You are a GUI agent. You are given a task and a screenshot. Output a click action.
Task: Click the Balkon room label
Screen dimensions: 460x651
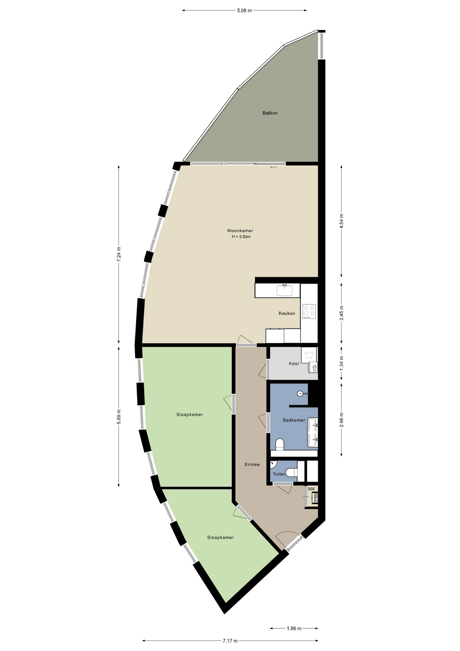point(270,113)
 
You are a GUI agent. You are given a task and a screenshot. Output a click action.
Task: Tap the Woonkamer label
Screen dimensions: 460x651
point(240,231)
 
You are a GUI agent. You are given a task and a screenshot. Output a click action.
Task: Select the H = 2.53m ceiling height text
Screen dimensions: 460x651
point(241,237)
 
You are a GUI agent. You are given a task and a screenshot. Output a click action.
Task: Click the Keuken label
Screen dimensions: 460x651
point(287,313)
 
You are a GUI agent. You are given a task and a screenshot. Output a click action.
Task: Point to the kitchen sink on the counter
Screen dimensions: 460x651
point(285,291)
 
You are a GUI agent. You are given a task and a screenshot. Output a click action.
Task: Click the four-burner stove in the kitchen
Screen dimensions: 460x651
point(309,311)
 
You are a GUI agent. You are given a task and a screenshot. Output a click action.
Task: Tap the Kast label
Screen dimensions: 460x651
point(294,363)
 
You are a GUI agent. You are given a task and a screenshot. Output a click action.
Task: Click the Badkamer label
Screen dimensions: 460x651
point(294,420)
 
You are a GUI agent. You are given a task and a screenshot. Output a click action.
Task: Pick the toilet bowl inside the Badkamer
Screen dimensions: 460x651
point(279,445)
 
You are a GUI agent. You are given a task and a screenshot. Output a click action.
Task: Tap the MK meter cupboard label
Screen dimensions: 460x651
point(312,489)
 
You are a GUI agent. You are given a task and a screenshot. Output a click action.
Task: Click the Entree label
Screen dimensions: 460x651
point(252,465)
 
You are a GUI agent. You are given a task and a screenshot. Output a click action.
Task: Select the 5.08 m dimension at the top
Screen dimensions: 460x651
point(244,11)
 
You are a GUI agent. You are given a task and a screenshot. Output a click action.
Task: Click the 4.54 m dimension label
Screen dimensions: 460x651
point(341,221)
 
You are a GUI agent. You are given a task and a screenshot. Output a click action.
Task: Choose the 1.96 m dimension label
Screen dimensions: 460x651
point(294,628)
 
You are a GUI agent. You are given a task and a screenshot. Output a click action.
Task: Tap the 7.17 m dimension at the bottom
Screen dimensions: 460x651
point(230,640)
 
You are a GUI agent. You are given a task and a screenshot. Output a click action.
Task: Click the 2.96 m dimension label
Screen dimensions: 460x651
point(341,420)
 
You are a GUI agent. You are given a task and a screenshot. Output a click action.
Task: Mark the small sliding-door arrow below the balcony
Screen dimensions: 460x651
point(273,167)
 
